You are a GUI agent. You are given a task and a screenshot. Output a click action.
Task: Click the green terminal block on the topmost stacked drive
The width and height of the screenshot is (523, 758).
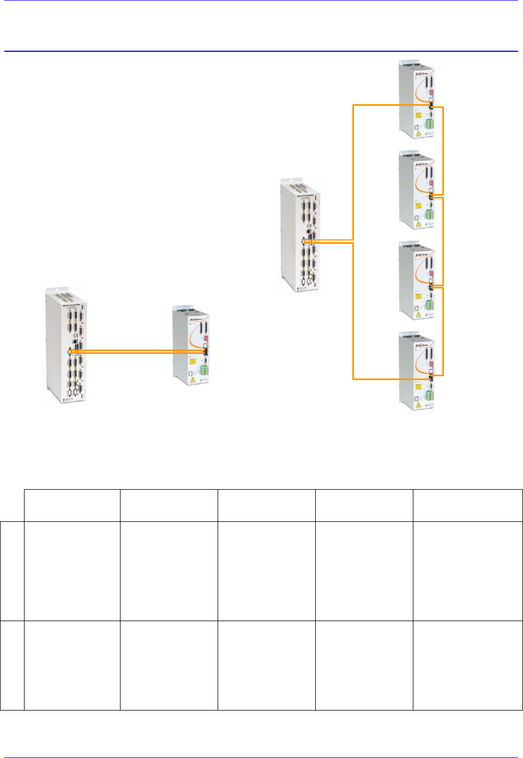[x=429, y=124]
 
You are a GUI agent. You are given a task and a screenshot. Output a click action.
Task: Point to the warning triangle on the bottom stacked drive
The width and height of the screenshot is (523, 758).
[x=418, y=405]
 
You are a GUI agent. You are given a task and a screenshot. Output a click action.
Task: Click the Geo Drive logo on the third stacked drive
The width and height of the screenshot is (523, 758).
[x=422, y=255]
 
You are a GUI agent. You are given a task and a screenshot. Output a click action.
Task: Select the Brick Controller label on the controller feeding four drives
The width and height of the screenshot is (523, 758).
[x=305, y=195]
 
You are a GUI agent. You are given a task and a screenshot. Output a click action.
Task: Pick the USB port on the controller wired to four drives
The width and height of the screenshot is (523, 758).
[x=309, y=225]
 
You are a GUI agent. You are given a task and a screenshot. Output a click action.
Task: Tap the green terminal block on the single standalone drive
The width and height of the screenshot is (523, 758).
[x=205, y=370]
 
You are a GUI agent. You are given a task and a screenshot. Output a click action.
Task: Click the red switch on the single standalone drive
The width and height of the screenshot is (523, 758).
[x=206, y=339]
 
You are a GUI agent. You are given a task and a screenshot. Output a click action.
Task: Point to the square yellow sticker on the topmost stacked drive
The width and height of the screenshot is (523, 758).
[x=419, y=116]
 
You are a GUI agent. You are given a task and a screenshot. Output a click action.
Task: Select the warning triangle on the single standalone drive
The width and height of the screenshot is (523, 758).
[x=193, y=380]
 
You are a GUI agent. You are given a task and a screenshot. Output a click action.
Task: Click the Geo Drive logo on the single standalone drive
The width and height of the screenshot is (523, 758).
[x=196, y=320]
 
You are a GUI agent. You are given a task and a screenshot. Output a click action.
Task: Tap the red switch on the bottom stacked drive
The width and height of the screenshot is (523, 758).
[x=430, y=365]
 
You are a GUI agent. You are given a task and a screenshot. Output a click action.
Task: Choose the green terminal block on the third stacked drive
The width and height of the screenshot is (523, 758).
[x=429, y=305]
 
